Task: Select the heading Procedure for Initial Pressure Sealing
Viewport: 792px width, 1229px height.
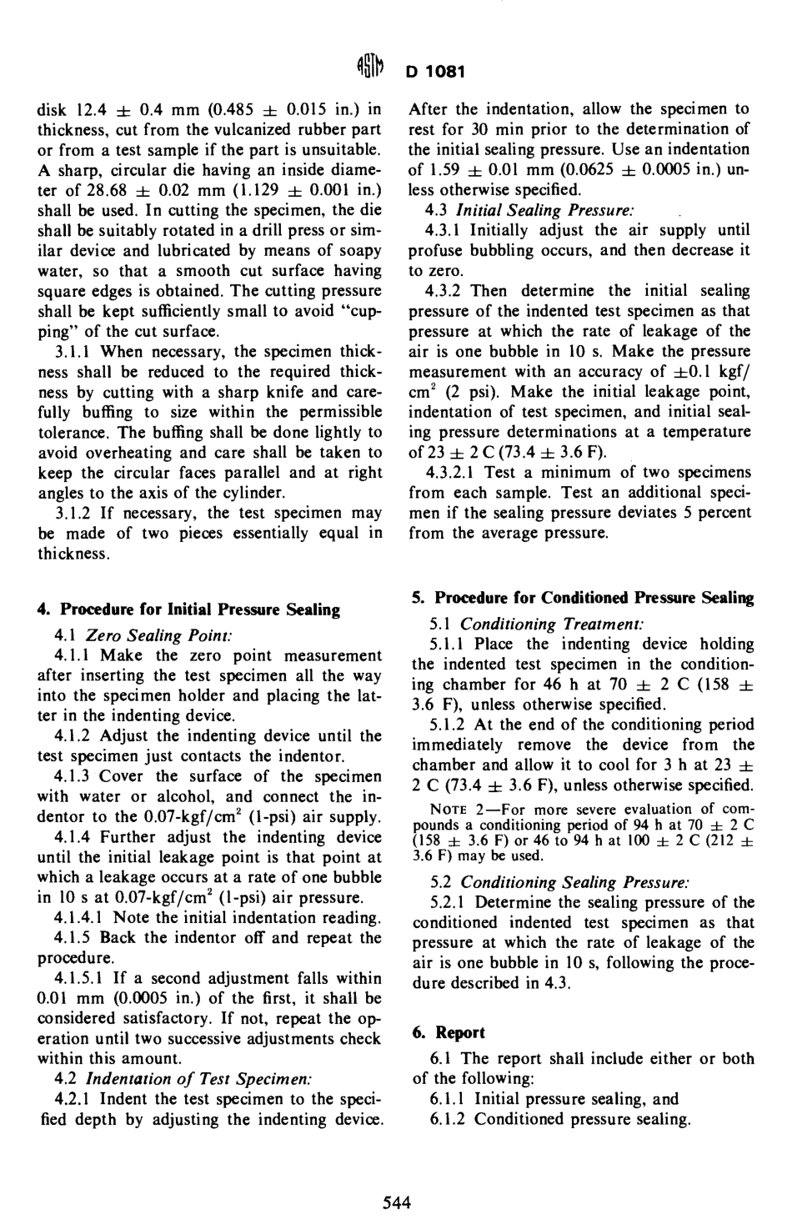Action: tap(188, 609)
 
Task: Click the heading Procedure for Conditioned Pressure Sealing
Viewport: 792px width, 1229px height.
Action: tap(583, 598)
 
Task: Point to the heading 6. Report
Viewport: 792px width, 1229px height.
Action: tap(449, 1032)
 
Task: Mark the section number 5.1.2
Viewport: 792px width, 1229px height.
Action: tap(449, 725)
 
